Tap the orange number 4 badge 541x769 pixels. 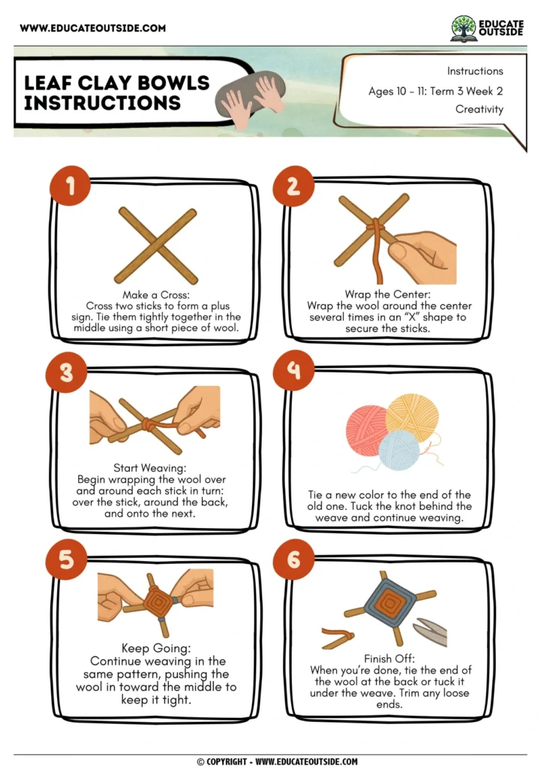coord(293,370)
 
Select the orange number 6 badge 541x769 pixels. coord(293,559)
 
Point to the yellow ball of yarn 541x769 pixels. coord(411,415)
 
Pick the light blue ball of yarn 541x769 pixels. coord(398,450)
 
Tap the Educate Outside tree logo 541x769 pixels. coord(463,29)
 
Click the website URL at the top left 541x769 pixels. coord(92,29)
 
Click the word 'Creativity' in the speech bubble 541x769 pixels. coord(479,109)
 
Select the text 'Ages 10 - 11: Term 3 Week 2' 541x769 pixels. coord(435,91)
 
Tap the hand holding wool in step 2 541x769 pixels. coord(423,255)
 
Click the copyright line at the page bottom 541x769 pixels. coord(277,761)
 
